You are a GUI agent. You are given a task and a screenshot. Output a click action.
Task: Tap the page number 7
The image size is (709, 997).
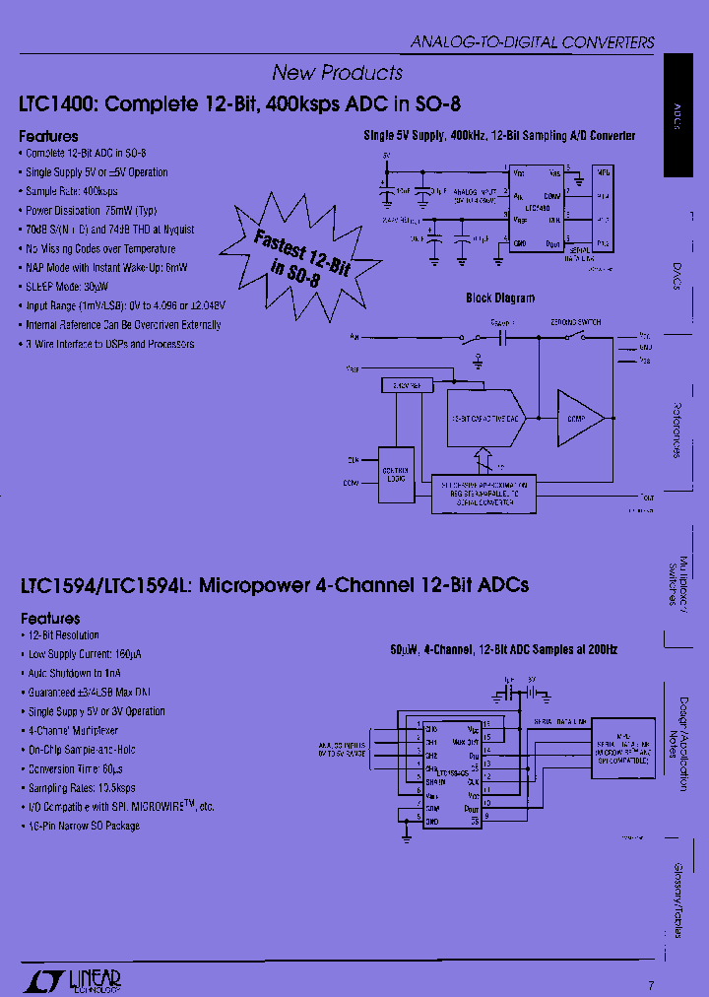[x=651, y=984]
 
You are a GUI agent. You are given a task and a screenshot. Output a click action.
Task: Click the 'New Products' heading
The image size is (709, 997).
[x=337, y=73]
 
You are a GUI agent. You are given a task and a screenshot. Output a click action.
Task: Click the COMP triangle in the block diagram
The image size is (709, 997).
[x=582, y=417]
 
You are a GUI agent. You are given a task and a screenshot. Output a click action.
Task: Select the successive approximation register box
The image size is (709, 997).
[x=483, y=493]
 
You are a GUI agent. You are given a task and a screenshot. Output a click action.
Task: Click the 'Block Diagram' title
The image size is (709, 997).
[x=500, y=298]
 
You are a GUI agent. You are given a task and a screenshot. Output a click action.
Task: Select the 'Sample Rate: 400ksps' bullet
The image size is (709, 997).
[x=71, y=191]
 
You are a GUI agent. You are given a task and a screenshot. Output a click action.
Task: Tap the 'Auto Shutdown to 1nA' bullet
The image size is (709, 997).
[x=77, y=673]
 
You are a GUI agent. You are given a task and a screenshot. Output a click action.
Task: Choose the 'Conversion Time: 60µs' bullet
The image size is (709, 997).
[x=79, y=768]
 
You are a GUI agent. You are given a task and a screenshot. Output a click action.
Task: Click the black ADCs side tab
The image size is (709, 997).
[x=685, y=115]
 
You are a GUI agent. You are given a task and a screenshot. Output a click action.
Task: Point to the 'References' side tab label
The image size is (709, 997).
[x=677, y=430]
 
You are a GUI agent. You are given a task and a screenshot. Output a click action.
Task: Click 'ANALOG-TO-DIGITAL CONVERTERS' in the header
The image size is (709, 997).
[x=532, y=42]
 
